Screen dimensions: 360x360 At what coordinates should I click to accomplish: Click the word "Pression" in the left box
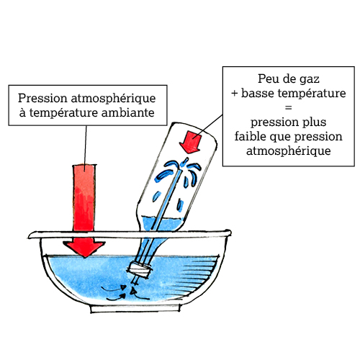(42, 99)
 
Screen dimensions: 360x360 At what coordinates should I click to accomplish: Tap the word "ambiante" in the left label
(128, 112)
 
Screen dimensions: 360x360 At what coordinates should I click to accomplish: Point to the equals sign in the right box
(288, 107)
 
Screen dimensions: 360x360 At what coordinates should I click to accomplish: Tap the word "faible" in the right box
(251, 136)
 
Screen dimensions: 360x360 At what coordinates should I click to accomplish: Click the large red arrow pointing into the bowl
(84, 211)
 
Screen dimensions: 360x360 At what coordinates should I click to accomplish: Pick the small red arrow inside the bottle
(191, 142)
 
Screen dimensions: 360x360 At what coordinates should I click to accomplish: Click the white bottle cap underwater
(140, 269)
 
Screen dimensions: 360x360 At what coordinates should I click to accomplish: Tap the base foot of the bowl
(135, 309)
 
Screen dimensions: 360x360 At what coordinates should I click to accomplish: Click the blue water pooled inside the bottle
(161, 224)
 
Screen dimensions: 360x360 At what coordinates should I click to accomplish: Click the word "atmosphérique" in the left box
(113, 99)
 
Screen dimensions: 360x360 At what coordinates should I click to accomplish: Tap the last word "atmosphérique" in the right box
(289, 151)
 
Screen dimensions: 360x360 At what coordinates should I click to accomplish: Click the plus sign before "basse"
(235, 94)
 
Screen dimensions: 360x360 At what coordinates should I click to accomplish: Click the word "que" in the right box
(280, 137)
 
